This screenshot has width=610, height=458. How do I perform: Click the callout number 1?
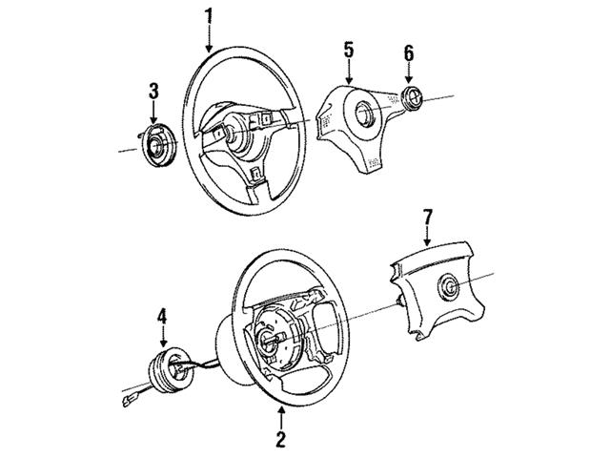tap(210, 16)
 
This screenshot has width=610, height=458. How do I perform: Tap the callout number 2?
tap(280, 439)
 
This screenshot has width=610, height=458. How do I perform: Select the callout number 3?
tap(153, 92)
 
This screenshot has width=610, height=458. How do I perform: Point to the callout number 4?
tap(162, 316)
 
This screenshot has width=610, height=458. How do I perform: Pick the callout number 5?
tap(349, 51)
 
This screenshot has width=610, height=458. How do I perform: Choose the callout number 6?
tap(409, 53)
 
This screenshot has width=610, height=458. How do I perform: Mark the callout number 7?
tap(428, 218)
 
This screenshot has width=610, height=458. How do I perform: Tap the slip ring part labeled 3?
tap(157, 144)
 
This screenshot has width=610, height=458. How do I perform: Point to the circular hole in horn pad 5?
tap(365, 114)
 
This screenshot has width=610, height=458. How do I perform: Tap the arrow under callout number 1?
tap(210, 39)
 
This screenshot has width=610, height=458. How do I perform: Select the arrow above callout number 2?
tap(281, 417)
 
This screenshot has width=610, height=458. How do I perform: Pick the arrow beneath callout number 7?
tap(428, 237)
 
